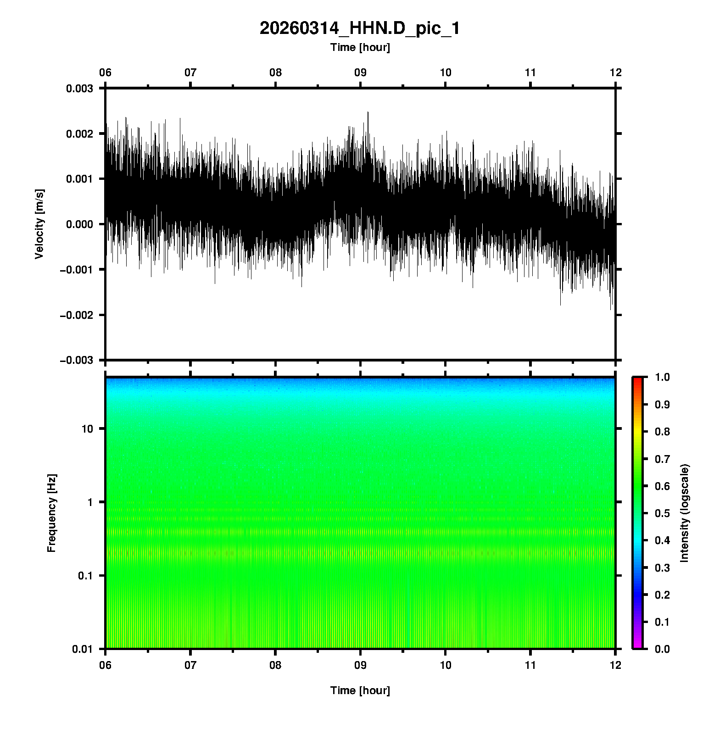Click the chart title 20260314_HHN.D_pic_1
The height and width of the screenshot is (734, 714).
tap(360, 28)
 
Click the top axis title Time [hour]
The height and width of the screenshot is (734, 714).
tap(360, 47)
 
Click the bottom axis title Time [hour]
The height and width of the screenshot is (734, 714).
tap(360, 690)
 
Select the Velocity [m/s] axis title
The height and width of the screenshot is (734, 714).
tap(39, 224)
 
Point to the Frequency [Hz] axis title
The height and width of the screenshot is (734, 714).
tap(51, 513)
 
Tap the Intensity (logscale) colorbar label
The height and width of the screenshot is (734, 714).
tap(685, 513)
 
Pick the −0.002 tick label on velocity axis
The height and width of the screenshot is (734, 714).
tap(76, 315)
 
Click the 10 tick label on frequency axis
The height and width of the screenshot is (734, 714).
tap(87, 429)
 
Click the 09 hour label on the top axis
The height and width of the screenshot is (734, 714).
tap(360, 72)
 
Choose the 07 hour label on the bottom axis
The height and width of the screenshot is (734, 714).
tap(190, 665)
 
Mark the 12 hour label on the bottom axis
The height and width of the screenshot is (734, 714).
tap(615, 665)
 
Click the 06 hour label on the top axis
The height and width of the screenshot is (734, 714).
tap(106, 72)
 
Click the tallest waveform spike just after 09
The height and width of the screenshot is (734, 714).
tap(368, 113)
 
